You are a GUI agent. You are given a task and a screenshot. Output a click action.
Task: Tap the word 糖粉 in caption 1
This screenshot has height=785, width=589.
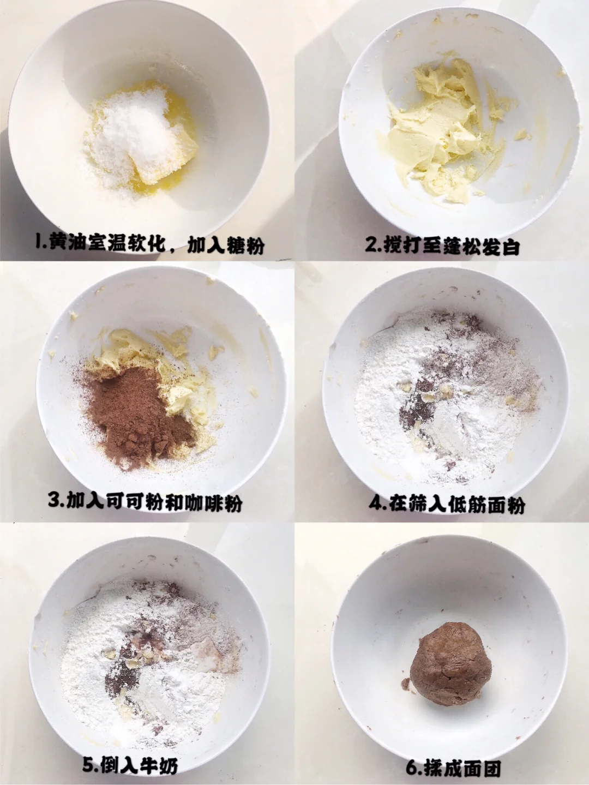pos(245,245)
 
